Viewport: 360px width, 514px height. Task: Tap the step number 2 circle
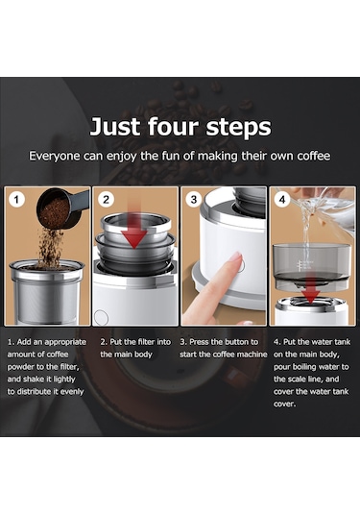click(108, 201)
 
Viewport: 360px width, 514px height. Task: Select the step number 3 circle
click(195, 201)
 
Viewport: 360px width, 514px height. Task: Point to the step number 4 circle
click(283, 201)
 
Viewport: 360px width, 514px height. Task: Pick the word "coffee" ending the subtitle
click(310, 155)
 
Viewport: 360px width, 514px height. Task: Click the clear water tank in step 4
click(310, 259)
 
